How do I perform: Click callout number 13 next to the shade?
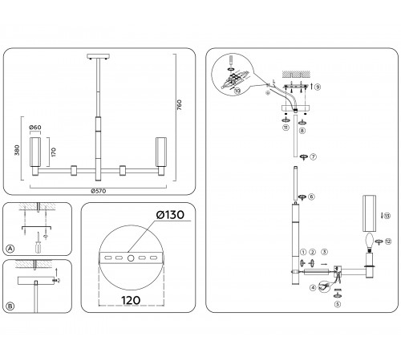pyautogui.click(x=387, y=216)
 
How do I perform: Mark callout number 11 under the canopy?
pyautogui.click(x=286, y=128)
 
